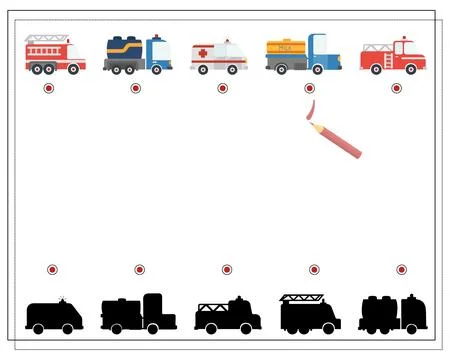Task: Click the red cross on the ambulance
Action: (204, 53)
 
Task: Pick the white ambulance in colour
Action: (219, 56)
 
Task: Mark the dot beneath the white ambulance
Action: (222, 88)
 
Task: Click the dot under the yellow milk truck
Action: (309, 88)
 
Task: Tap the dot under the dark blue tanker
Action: (135, 88)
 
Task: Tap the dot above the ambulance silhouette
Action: (52, 270)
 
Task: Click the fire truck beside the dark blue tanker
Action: (54, 54)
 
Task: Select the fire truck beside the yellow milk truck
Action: (392, 55)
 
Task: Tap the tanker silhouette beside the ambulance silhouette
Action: (138, 314)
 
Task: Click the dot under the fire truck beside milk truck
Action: (396, 88)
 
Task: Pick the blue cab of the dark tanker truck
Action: (158, 52)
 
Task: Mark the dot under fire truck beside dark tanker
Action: (49, 88)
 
